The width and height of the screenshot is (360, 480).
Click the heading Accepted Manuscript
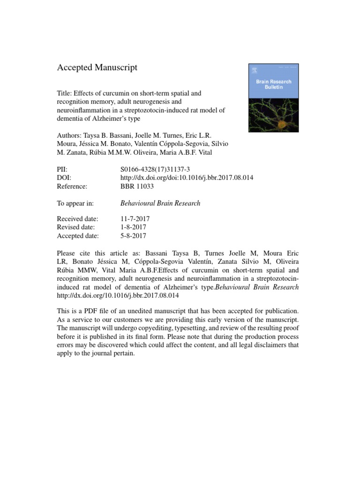[x=97, y=67]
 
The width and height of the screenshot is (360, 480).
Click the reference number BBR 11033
[x=137, y=187]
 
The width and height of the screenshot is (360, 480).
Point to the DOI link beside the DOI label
[x=187, y=178]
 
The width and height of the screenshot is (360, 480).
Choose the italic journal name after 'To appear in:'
[x=160, y=203]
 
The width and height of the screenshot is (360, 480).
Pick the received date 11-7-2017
[x=135, y=219]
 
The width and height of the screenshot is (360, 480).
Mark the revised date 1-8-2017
[x=133, y=227]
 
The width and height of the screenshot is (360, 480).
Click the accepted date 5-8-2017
[x=133, y=236]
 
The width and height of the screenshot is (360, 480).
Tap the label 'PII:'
[x=63, y=170]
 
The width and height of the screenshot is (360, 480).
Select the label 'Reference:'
[x=72, y=187]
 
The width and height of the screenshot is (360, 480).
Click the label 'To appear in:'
[x=75, y=203]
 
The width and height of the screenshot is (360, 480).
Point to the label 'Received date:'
[x=77, y=219]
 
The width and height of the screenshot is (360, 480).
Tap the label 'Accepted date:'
[x=77, y=236]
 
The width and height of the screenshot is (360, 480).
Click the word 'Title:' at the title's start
[x=65, y=93]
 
